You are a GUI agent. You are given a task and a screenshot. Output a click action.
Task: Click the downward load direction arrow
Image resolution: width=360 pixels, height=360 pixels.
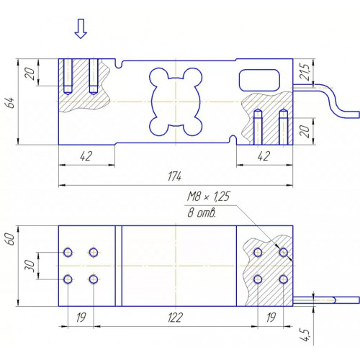81,29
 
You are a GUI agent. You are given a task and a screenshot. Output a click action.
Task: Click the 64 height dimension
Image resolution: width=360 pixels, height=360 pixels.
11,102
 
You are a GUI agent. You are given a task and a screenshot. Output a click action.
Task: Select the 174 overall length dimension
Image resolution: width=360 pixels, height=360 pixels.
174,176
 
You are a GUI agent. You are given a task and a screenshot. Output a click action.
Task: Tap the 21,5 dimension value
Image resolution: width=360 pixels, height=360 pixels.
305,72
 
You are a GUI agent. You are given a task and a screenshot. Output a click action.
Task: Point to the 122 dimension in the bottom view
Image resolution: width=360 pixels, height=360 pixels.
176,318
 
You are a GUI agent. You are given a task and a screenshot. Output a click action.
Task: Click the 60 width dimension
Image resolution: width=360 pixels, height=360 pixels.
11,239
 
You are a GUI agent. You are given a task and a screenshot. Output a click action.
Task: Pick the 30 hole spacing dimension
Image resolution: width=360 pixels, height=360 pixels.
30,266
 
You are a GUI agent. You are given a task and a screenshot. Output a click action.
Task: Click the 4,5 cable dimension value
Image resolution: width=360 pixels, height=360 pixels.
305,335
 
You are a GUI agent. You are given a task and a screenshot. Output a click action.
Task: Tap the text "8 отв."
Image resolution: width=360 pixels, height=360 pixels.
202,212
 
